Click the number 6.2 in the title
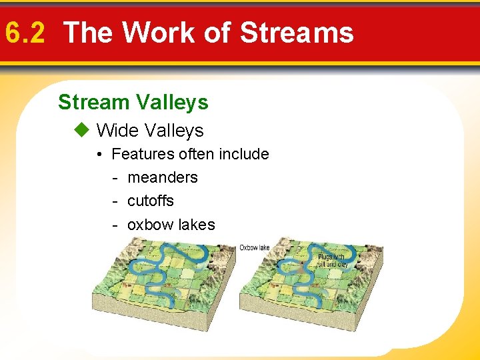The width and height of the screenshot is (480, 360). pyautogui.click(x=24, y=32)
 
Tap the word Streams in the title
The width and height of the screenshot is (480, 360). pyautogui.click(x=297, y=32)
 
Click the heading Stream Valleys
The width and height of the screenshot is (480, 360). pyautogui.click(x=133, y=102)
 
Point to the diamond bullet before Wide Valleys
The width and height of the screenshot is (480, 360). pyautogui.click(x=83, y=131)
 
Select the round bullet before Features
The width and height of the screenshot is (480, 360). pyautogui.click(x=98, y=155)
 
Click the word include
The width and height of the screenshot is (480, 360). pyautogui.click(x=243, y=154)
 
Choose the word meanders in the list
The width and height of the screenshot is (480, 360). pyautogui.click(x=163, y=177)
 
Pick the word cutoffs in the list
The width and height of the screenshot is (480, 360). pyautogui.click(x=151, y=201)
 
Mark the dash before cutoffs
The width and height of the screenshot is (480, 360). pyautogui.click(x=115, y=201)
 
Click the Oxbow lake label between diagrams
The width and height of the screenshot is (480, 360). pyautogui.click(x=255, y=248)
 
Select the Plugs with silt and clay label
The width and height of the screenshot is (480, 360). pyautogui.click(x=333, y=260)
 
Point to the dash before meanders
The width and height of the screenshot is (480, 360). pyautogui.click(x=115, y=177)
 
